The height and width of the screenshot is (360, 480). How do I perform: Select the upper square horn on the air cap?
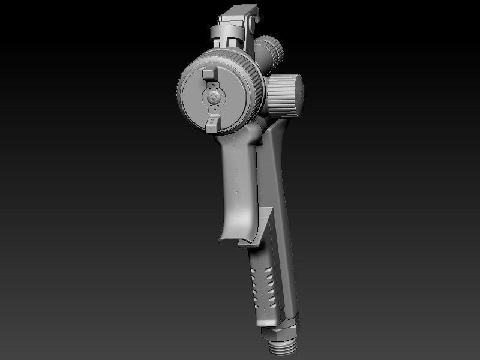tap(209, 74)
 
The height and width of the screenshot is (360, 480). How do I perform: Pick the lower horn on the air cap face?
tap(211, 124)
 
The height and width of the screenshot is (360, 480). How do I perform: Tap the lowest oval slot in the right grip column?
tap(274, 304)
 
